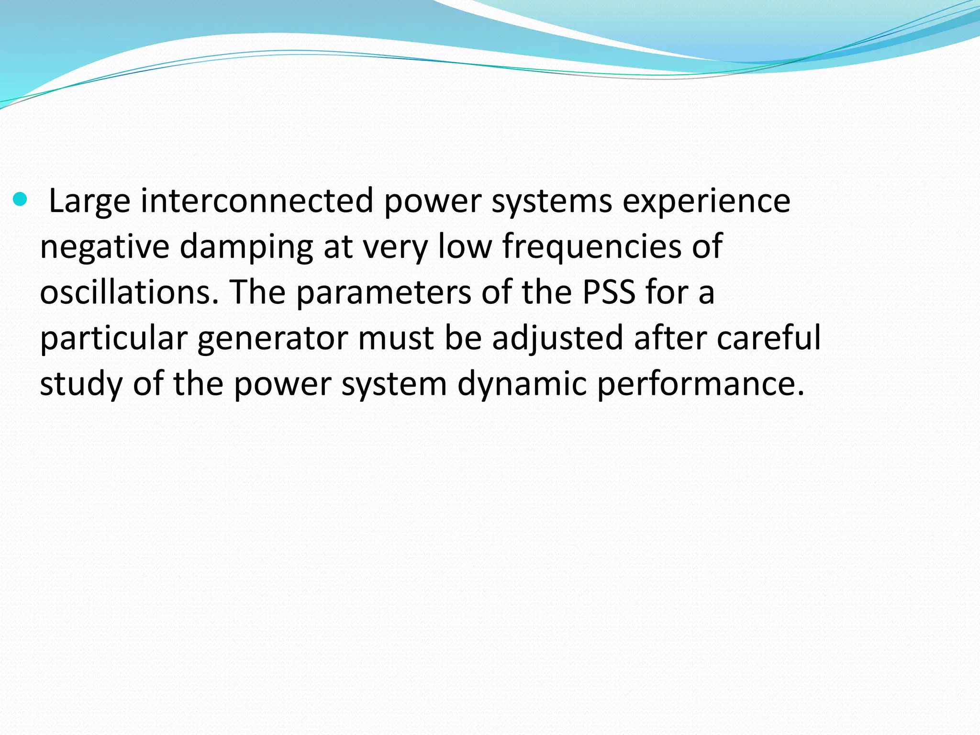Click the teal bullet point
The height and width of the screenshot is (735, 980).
point(21,199)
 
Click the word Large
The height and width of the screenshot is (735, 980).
point(89,201)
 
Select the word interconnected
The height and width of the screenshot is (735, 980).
point(257,201)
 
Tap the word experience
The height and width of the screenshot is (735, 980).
point(706,201)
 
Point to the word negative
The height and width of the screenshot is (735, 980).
point(104,246)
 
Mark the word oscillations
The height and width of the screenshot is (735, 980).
point(129,292)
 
